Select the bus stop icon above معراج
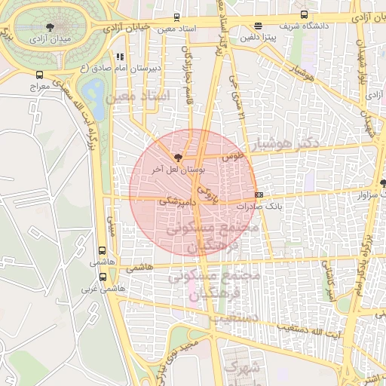click(x=39, y=75)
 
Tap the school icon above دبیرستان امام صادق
click(x=120, y=56)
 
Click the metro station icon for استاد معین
click(x=176, y=17)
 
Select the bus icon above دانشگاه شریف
click(x=304, y=14)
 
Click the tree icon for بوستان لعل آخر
click(x=178, y=158)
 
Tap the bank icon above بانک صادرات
click(x=259, y=195)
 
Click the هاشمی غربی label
click(x=103, y=288)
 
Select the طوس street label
click(x=233, y=156)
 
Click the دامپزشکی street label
click(x=178, y=202)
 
